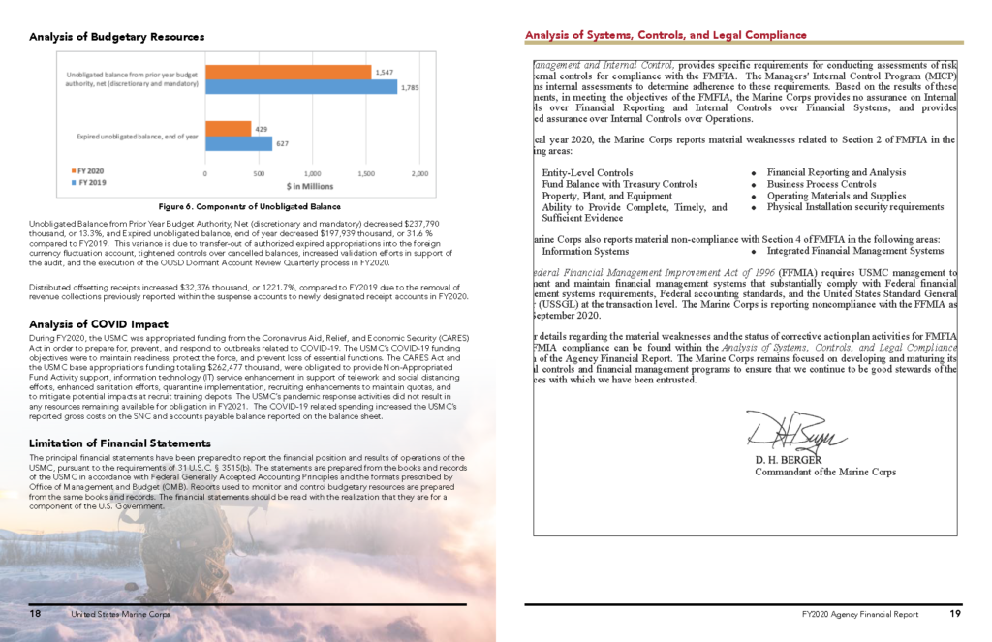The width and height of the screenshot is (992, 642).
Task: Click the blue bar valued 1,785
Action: (301, 87)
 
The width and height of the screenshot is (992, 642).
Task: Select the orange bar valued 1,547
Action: (288, 73)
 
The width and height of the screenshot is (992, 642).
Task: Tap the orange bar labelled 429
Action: (228, 129)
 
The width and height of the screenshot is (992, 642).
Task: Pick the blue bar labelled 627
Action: (238, 143)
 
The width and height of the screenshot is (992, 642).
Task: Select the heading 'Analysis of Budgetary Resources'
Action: (116, 37)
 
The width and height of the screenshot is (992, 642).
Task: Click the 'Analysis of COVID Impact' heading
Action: (98, 323)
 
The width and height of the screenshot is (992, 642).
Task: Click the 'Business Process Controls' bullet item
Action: (821, 184)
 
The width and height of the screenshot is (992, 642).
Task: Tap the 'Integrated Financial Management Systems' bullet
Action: (854, 251)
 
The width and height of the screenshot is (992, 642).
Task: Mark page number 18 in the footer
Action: (35, 614)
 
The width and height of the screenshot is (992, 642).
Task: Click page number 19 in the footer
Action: (955, 614)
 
